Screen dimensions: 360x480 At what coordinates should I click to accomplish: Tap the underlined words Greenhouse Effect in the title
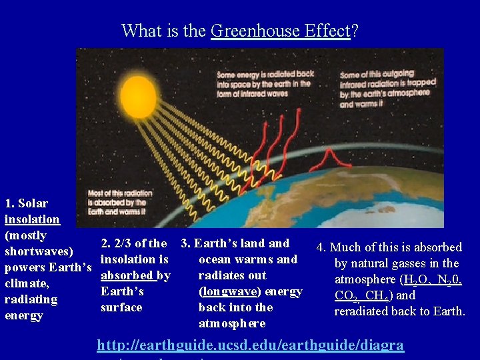coord(280,31)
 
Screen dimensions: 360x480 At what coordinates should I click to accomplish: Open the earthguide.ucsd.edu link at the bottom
coord(250,345)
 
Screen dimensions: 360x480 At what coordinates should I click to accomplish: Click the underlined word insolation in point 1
coord(32,219)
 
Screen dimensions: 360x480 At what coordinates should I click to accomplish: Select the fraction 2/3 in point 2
coord(123,243)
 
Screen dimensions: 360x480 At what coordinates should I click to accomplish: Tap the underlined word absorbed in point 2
coord(128,275)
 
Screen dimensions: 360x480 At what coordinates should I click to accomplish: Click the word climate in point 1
coord(24,283)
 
